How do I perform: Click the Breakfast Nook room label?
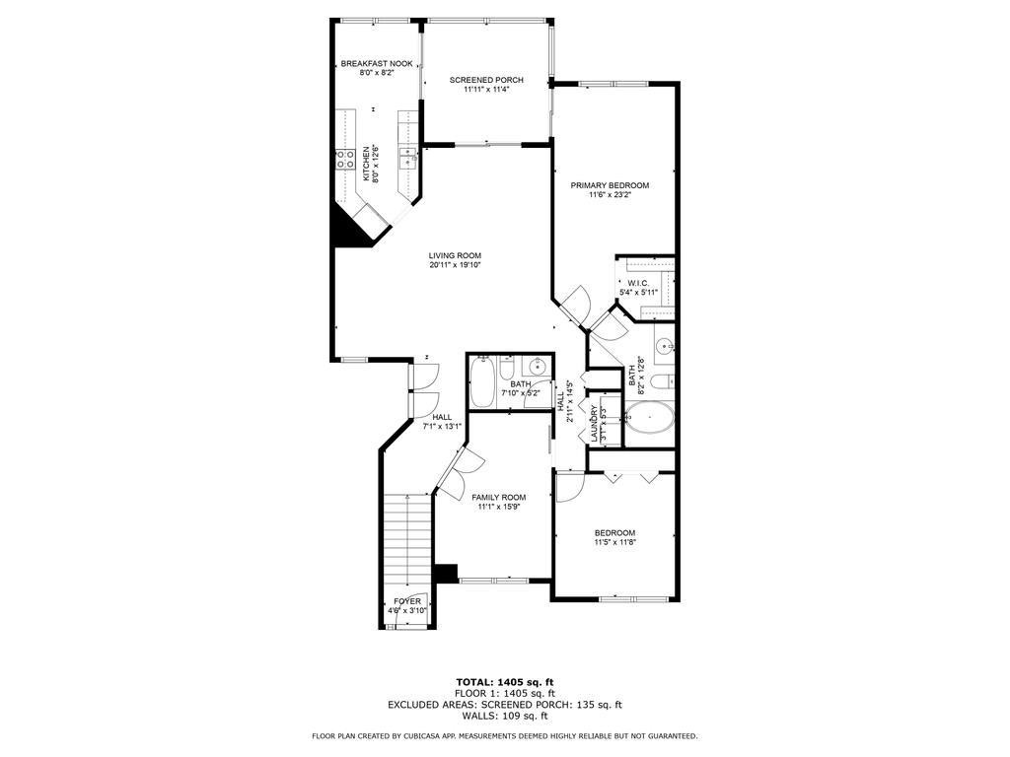(370, 63)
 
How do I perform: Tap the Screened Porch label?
(486, 80)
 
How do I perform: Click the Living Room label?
(455, 255)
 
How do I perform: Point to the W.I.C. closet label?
(637, 283)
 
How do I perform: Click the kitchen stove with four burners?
(345, 160)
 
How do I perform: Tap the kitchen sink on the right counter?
(407, 159)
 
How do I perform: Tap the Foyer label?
(407, 601)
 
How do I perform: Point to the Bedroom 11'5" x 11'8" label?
(614, 533)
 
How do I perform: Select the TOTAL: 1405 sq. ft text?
(504, 682)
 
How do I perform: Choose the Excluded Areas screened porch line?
(504, 704)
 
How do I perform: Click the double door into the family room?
(455, 471)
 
